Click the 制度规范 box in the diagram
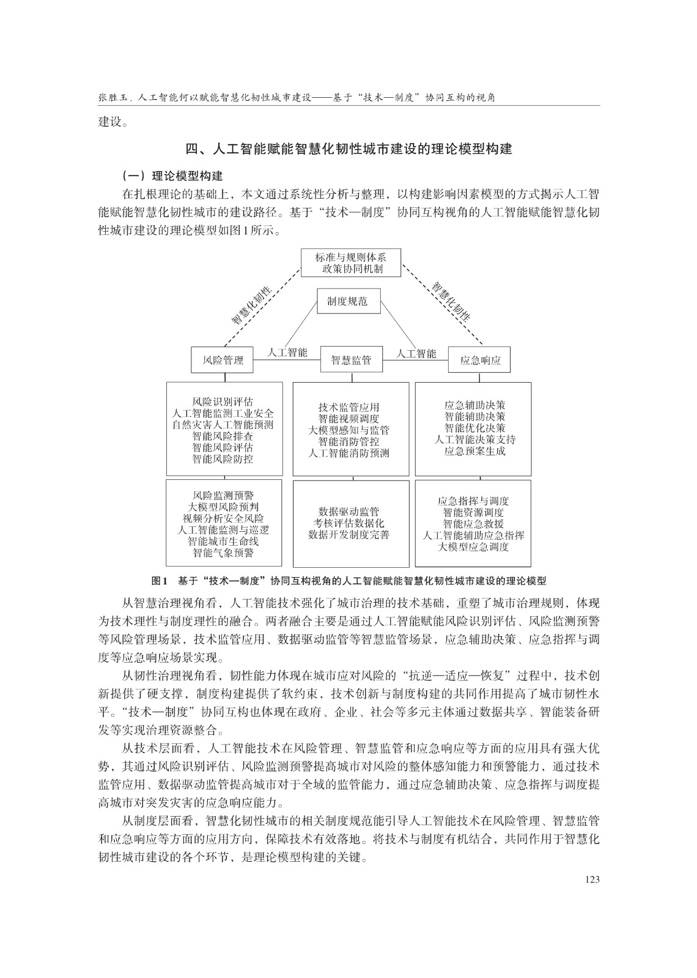347,301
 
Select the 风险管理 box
223,360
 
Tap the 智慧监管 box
351,360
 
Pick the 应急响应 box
480,360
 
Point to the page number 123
591,879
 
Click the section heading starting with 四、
348,149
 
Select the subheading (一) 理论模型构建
172,176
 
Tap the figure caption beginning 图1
348,581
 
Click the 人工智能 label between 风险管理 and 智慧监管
287,353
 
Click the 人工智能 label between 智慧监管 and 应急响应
416,353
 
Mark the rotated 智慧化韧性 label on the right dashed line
452,301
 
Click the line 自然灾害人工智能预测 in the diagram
223,425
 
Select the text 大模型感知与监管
348,430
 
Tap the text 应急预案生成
474,451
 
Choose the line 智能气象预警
223,553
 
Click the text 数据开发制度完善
348,535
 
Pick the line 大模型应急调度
473,546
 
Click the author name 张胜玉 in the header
112,98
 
